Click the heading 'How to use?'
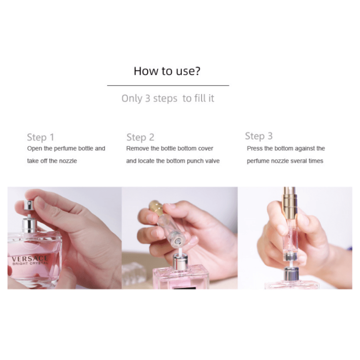[167, 71]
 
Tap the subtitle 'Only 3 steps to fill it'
[168, 98]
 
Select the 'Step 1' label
[40, 137]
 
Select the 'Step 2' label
[140, 137]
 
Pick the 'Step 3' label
[258, 136]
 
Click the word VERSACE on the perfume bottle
[30, 258]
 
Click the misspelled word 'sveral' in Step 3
[294, 161]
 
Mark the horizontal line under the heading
[168, 85]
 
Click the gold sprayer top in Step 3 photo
[288, 202]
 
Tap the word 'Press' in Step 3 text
[254, 148]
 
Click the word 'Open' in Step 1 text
[34, 148]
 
